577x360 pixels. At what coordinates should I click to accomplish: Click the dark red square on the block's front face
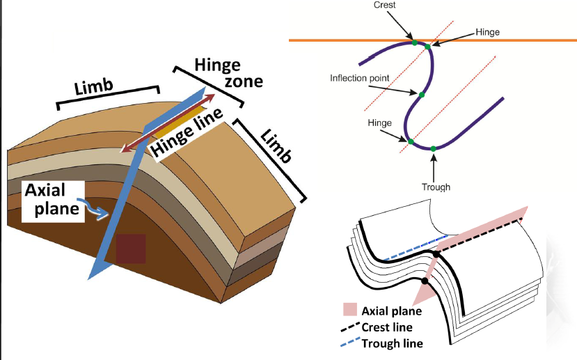click(131, 248)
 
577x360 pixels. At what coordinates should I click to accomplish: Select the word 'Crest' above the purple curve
click(385, 4)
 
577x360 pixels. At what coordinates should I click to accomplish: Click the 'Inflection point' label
click(359, 77)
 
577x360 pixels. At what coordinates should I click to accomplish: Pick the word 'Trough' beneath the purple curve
click(436, 187)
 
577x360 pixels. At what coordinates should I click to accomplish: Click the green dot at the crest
click(415, 42)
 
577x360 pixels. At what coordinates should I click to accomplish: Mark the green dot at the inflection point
click(421, 94)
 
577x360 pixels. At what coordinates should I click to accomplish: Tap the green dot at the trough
click(434, 148)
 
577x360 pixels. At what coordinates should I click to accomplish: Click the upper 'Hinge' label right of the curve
click(487, 32)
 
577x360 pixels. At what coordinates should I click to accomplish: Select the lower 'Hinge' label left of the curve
click(381, 123)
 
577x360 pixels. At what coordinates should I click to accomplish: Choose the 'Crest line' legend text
click(388, 327)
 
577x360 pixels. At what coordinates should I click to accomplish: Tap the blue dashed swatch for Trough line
click(351, 343)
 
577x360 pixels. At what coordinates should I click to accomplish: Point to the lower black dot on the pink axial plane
click(425, 281)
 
